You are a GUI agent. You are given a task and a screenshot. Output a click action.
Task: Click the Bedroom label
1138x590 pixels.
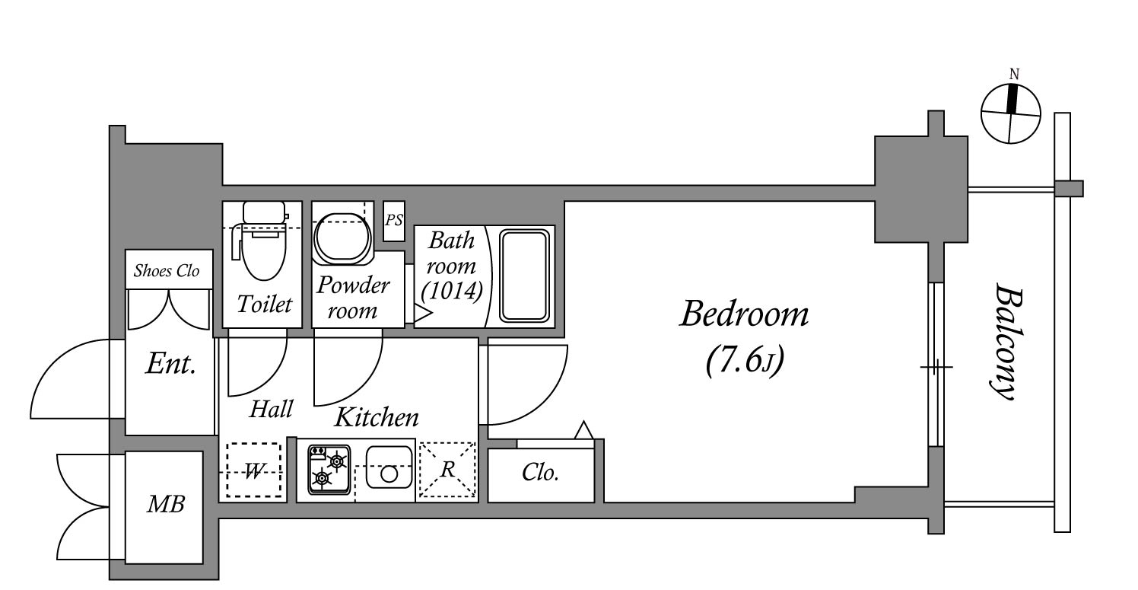744,314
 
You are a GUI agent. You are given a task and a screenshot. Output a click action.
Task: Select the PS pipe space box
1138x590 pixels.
394,221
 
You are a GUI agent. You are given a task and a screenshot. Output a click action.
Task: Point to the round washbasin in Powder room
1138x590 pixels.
342,238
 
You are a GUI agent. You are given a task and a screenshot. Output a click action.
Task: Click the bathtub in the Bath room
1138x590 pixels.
524,276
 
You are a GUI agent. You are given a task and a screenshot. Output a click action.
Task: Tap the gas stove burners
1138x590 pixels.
329,470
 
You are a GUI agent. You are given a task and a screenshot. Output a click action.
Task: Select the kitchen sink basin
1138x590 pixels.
389,467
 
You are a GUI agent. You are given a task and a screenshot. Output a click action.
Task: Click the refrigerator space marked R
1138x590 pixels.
447,470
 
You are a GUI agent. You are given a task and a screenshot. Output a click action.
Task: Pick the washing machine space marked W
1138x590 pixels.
253,470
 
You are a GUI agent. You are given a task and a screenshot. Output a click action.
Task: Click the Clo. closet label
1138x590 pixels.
540,473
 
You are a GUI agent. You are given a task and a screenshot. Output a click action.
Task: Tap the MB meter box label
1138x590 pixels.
166,504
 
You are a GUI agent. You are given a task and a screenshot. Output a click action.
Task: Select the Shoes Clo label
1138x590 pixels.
167,270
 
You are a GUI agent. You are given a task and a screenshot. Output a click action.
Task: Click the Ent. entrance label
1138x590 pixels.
170,364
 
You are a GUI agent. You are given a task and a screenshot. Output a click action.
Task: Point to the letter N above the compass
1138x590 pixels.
1014,75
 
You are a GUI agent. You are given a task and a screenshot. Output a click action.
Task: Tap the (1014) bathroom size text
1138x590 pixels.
452,291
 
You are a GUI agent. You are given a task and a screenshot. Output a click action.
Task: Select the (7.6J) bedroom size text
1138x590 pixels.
745,361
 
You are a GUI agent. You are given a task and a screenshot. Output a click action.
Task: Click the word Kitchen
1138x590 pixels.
377,417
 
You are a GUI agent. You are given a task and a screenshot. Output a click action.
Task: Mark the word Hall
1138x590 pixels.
271,409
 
